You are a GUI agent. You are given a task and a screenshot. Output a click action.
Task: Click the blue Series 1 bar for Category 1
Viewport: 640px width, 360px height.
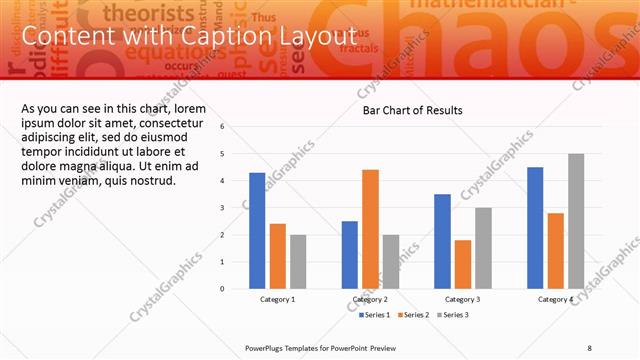tap(257, 231)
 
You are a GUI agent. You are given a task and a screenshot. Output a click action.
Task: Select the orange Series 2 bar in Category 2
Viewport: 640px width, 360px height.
tap(370, 229)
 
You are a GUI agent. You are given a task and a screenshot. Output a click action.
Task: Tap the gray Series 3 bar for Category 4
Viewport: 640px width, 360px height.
tap(576, 221)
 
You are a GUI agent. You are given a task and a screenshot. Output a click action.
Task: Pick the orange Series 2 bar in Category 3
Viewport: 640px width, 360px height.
tap(462, 264)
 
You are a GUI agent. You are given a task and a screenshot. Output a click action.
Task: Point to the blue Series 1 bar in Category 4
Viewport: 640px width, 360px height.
tap(535, 228)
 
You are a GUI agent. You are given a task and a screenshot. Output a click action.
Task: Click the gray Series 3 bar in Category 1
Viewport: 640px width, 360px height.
tap(298, 262)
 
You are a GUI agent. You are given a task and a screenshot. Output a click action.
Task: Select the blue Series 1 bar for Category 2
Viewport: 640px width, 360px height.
tap(349, 255)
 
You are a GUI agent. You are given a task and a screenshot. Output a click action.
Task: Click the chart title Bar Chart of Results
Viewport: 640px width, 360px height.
tap(412, 111)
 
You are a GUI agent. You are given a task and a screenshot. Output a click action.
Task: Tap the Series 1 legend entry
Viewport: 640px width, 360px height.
tap(374, 316)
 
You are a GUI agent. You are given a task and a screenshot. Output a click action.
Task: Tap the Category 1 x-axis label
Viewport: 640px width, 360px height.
tap(277, 299)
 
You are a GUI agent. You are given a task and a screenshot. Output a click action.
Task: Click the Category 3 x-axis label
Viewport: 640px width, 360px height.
tap(462, 299)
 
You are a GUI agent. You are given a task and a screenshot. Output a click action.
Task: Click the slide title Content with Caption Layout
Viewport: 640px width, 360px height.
tap(189, 37)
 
